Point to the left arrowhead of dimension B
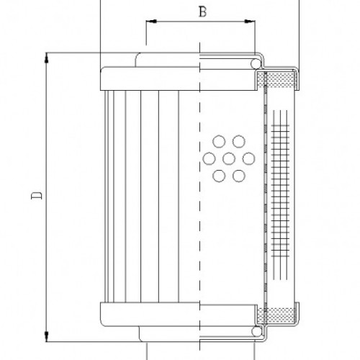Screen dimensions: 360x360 [149, 22]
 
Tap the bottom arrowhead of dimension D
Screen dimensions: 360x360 [46, 335]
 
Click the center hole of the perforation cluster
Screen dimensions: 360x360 [229, 158]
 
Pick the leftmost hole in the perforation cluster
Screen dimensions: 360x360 [209, 158]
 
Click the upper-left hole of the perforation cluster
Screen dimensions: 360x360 [219, 141]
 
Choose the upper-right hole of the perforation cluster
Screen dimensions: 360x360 [238, 141]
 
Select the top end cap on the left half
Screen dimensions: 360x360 [148, 78]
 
